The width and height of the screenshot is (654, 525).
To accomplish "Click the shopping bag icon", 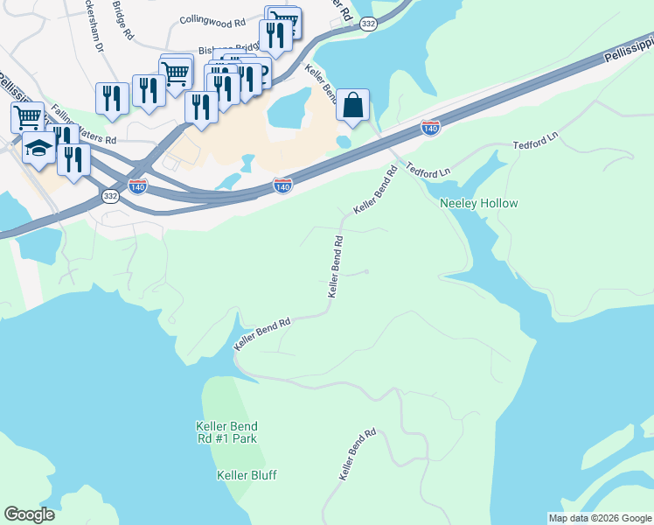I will (x=352, y=105).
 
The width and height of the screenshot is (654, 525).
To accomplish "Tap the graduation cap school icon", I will (x=38, y=150).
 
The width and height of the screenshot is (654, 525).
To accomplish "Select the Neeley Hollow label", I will (x=478, y=203).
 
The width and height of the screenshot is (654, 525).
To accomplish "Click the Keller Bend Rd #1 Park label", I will (x=226, y=431).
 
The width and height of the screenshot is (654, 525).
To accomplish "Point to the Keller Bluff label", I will (x=247, y=475).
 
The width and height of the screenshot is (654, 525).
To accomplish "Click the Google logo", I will (x=29, y=514).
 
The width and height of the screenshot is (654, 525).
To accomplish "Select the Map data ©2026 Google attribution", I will (x=599, y=518).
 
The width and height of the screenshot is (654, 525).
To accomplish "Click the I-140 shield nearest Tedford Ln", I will (x=429, y=128).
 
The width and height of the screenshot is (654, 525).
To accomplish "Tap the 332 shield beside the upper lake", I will (x=369, y=24).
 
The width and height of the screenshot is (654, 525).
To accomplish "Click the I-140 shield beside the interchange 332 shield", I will (x=137, y=186).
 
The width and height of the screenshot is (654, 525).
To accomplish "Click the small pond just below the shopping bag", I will (x=344, y=141).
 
